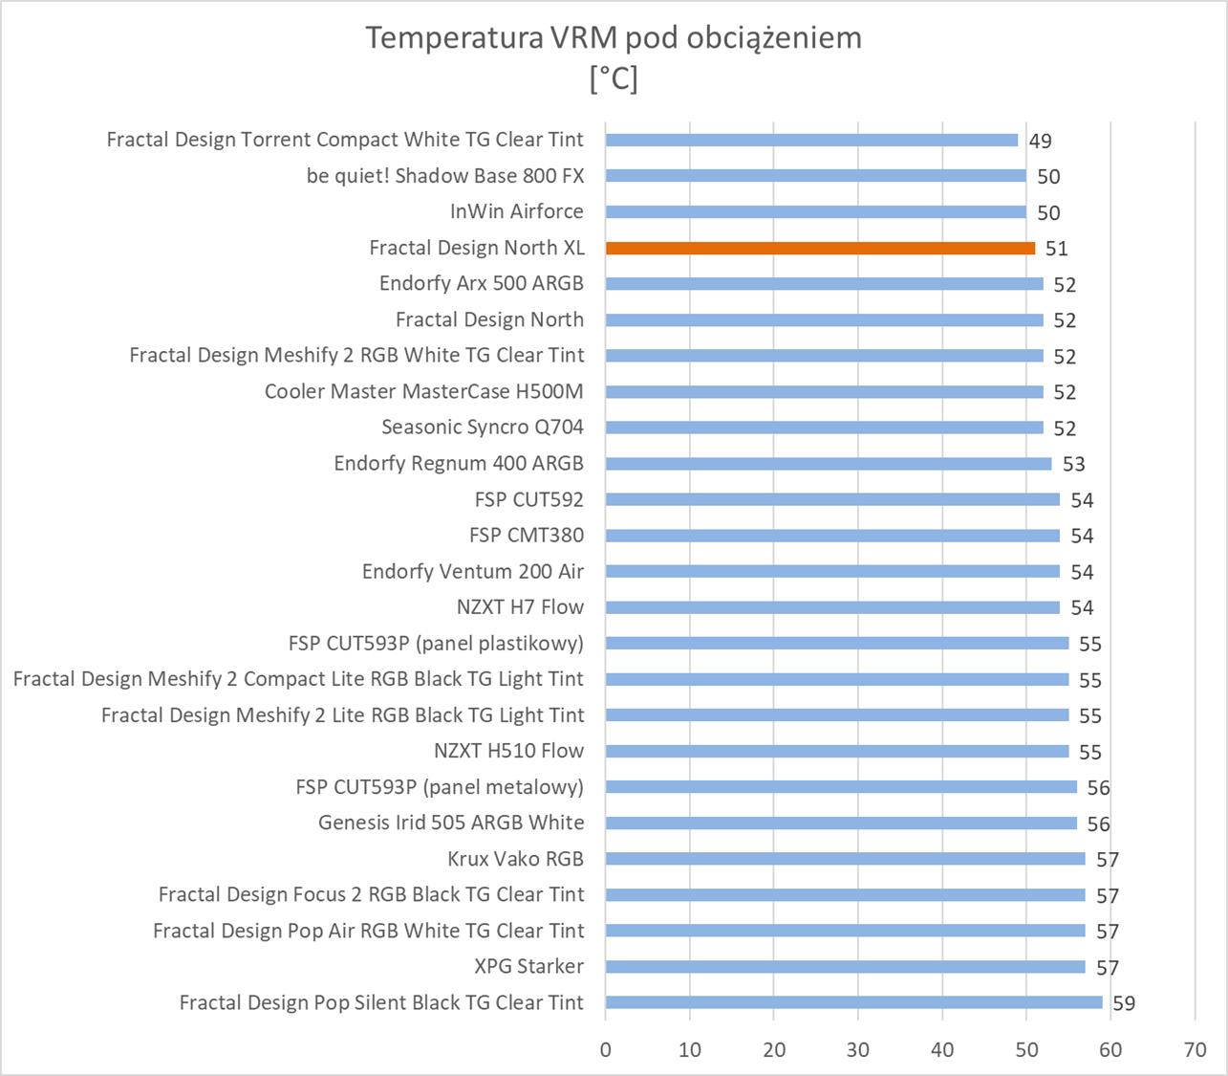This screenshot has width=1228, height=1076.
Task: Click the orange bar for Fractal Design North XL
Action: point(820,248)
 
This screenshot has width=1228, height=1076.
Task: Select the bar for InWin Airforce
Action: point(815,212)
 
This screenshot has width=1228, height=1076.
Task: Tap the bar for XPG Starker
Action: point(845,967)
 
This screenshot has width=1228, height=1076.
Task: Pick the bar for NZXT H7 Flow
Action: point(832,607)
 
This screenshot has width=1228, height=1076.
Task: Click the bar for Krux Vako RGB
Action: point(845,859)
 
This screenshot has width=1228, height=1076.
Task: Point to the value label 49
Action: point(1040,141)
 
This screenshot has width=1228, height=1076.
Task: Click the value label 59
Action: point(1124,1003)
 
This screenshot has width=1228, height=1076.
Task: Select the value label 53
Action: point(1073,464)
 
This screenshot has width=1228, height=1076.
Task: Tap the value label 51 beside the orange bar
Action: point(1056,249)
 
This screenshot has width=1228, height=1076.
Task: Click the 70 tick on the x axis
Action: point(1195,1050)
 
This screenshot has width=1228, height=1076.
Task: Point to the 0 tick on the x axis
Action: point(606,1050)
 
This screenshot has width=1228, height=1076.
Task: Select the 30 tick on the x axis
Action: point(858,1050)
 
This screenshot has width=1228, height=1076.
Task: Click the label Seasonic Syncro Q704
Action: point(482,428)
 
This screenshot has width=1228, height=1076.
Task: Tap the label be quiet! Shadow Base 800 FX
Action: point(444,176)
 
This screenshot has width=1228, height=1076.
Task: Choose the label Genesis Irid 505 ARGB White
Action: point(450,823)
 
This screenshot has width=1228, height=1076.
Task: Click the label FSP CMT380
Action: point(526,536)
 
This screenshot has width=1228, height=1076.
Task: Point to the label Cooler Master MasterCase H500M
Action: point(423,391)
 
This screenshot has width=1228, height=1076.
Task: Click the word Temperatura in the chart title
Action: point(452,38)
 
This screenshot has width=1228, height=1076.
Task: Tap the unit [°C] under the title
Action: point(614,77)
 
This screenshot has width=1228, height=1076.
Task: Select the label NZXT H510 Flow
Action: point(508,751)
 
